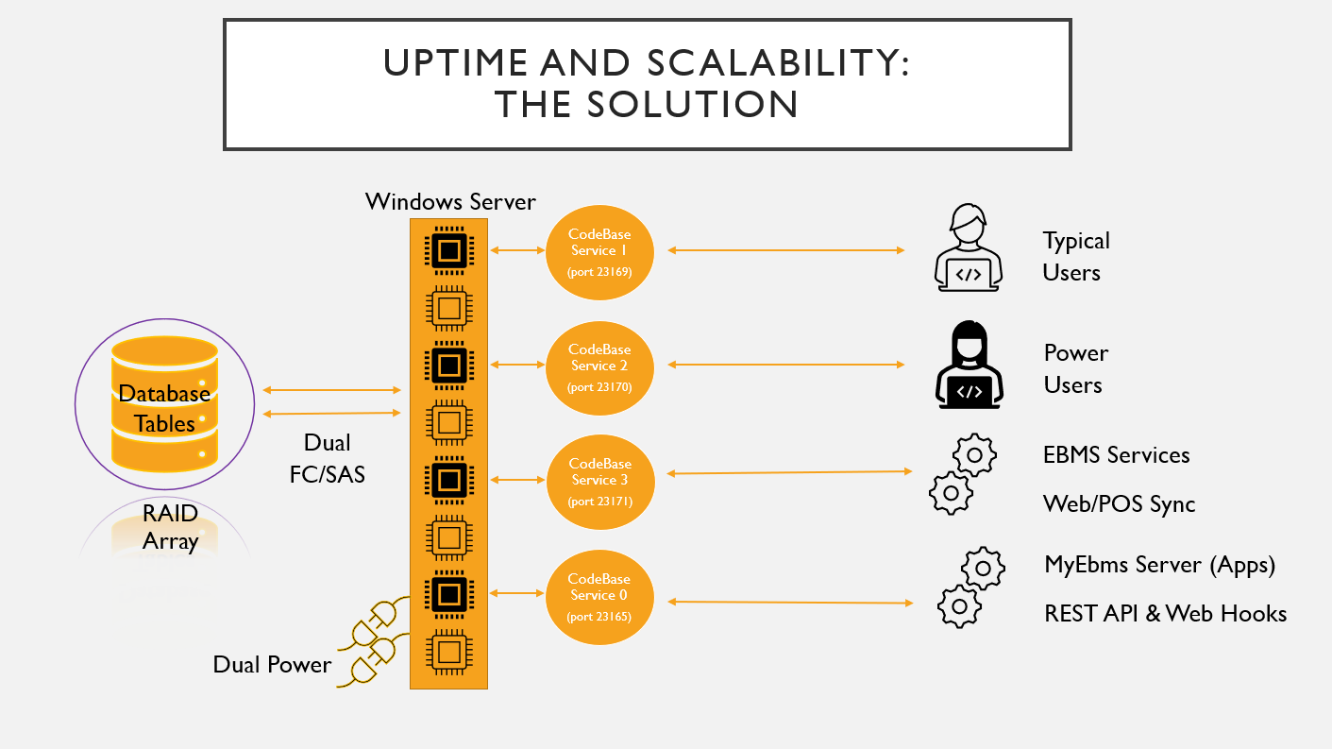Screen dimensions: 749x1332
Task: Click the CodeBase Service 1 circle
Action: [599, 250]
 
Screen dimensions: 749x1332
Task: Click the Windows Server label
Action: [450, 201]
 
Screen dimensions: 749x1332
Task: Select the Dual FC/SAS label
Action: [327, 458]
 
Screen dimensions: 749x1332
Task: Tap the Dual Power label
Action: [272, 664]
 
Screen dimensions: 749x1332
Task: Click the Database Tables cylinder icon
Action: [164, 403]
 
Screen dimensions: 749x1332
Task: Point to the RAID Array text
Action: [170, 528]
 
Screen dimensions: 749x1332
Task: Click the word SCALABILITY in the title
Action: [778, 63]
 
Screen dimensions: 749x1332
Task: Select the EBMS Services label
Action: [1116, 455]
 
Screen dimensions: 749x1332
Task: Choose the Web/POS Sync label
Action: [1119, 504]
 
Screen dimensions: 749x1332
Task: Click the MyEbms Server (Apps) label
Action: [1159, 565]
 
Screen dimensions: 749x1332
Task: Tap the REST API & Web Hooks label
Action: [1165, 614]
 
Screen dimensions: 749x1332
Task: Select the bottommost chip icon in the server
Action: [448, 651]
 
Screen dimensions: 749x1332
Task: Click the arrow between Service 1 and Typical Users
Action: [786, 250]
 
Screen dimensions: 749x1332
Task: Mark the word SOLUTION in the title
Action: [692, 104]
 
